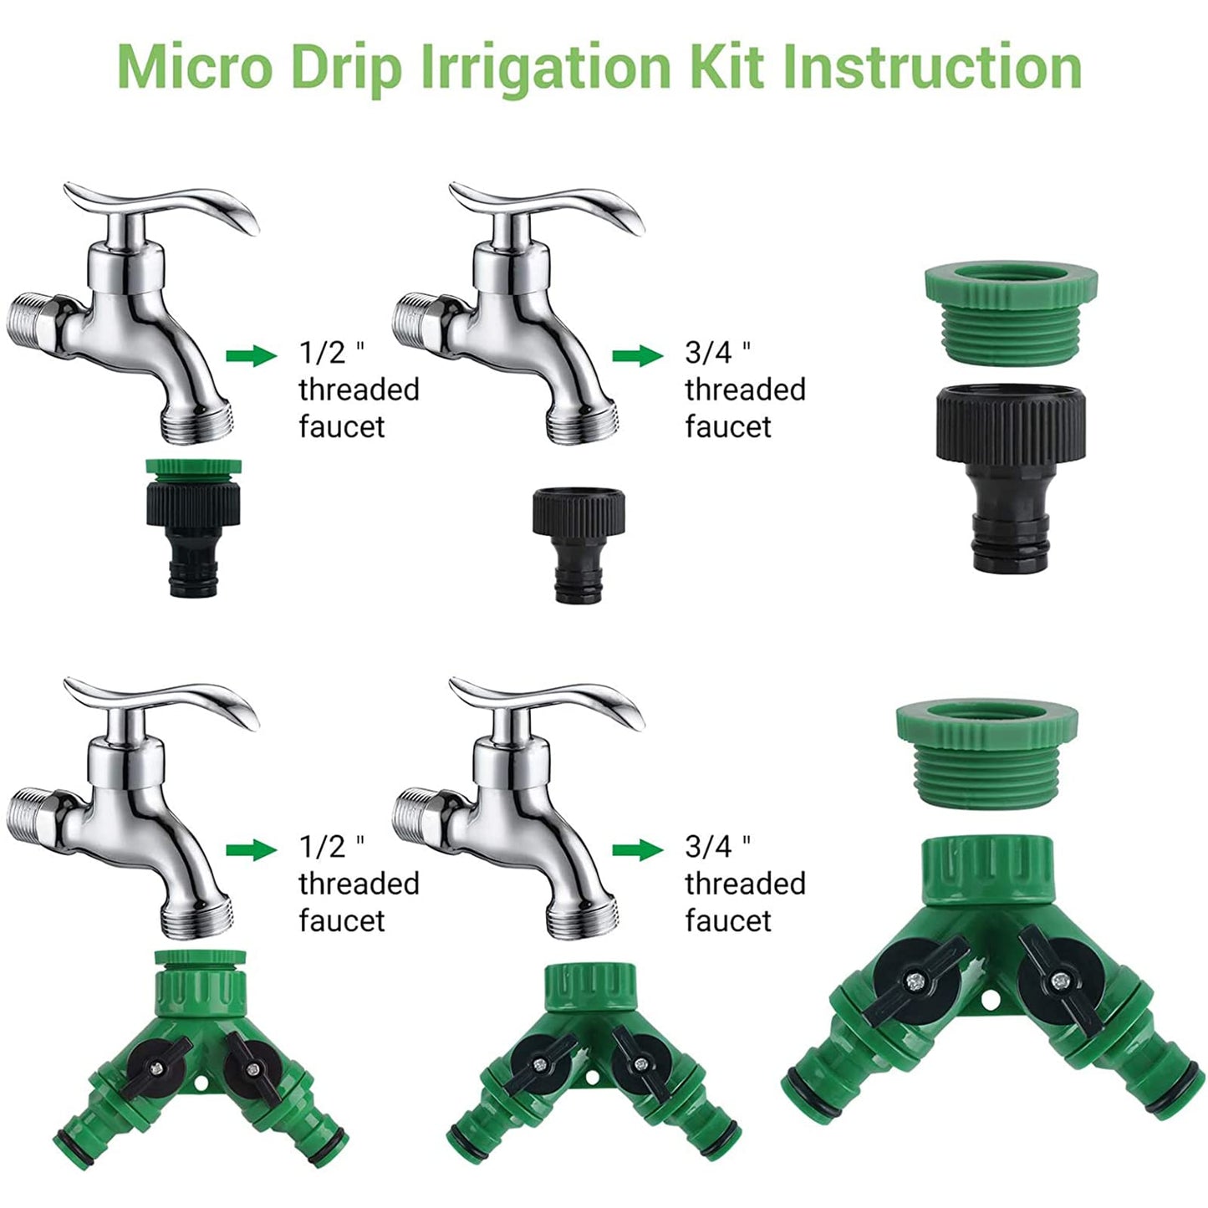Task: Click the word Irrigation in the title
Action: point(543,67)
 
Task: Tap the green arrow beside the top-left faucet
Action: point(251,356)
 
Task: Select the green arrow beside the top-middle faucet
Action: point(637,356)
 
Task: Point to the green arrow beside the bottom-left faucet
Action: point(251,850)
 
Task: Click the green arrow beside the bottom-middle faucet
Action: point(637,850)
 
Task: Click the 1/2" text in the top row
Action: point(332,353)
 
